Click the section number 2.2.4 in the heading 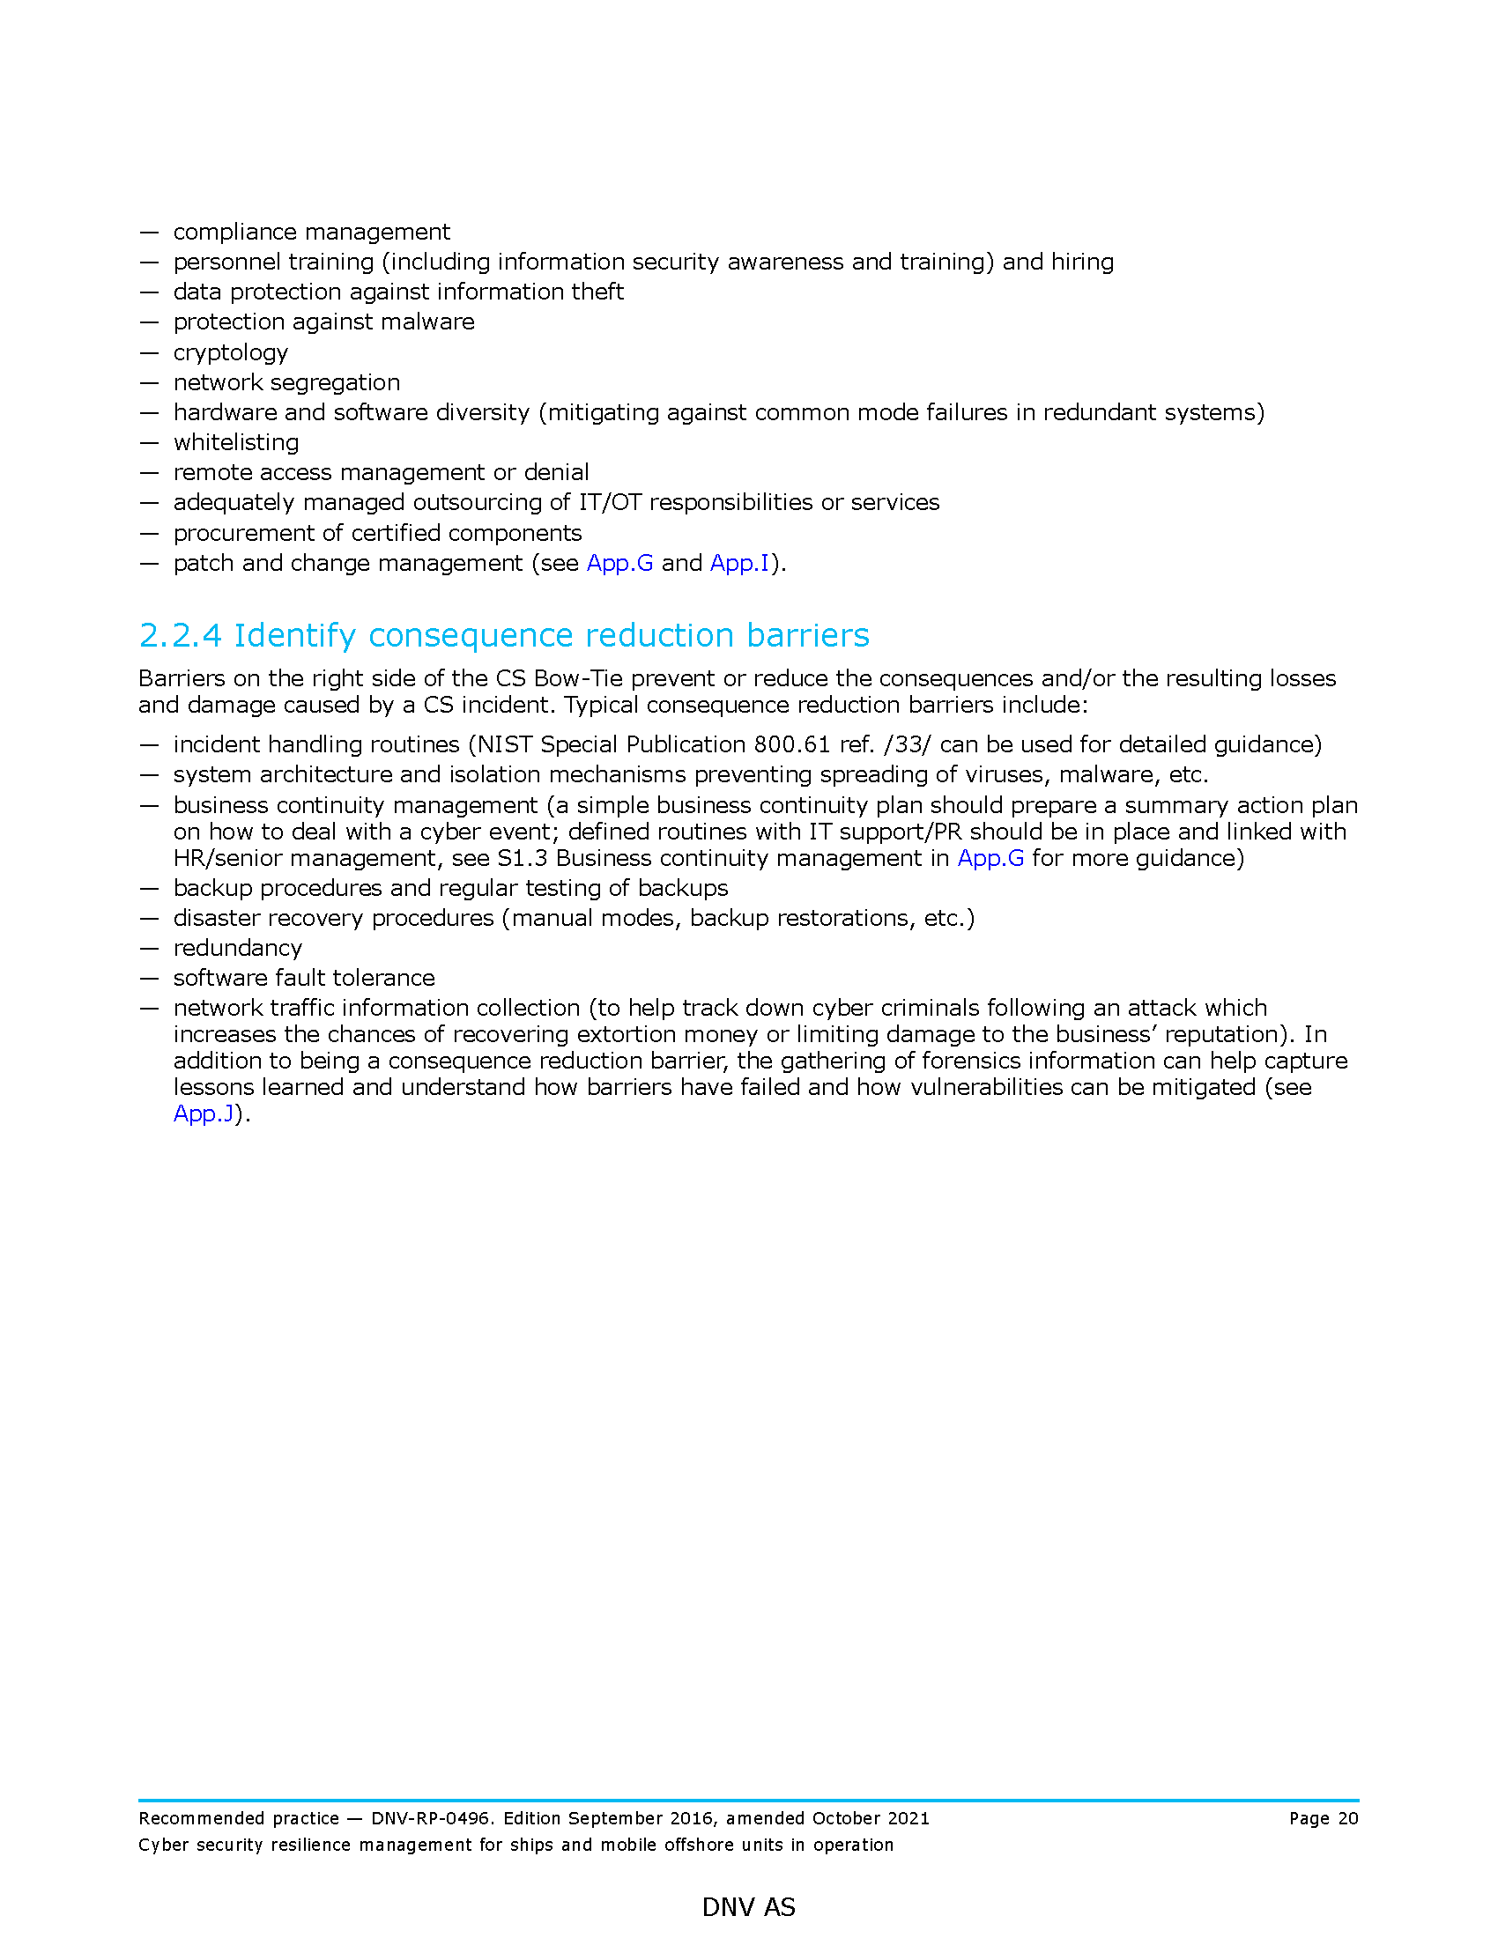pos(180,635)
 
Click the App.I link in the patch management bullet pos(739,564)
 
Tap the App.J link pos(204,1113)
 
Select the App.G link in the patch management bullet pos(619,564)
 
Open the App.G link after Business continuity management pos(990,858)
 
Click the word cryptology pos(231,353)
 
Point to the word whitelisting pos(236,443)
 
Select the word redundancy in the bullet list pos(238,949)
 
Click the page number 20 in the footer pos(1348,1819)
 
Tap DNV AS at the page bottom pos(748,1907)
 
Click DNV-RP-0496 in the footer pos(430,1819)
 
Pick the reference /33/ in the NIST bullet pos(907,744)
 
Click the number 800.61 pos(791,744)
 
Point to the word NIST pos(505,744)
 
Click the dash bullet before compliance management pos(149,233)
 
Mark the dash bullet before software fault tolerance pos(149,979)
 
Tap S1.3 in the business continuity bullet pos(522,858)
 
